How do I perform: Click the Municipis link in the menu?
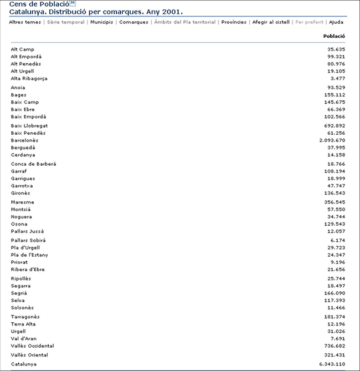[x=102, y=22]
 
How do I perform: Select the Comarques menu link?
[x=134, y=22]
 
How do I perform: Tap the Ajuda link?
[x=336, y=22]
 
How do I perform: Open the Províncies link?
[x=234, y=22]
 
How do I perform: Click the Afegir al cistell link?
[x=271, y=22]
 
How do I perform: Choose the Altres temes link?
[x=25, y=22]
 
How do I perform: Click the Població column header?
[x=334, y=37]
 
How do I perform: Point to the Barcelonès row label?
[x=25, y=140]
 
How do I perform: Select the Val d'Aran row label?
[x=23, y=338]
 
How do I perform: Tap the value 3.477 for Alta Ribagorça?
[x=337, y=78]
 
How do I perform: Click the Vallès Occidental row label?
[x=32, y=345]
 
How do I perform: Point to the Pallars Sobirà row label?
[x=27, y=240]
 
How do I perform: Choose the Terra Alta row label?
[x=23, y=324]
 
